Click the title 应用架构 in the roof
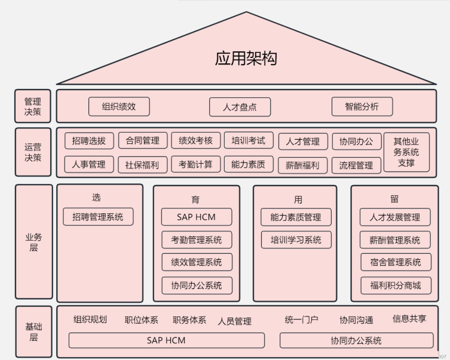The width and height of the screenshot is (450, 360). click(x=246, y=59)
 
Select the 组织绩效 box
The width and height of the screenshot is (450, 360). click(x=118, y=106)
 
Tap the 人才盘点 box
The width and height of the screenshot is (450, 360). click(x=240, y=107)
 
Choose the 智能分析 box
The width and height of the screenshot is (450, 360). click(x=362, y=106)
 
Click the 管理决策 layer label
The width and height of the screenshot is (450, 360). click(x=33, y=106)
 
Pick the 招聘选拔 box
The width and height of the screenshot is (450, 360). click(x=88, y=141)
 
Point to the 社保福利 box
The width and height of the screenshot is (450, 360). click(x=142, y=165)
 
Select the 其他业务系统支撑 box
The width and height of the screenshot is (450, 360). click(x=406, y=152)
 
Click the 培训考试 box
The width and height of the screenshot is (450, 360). click(x=248, y=141)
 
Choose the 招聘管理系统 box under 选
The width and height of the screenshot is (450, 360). click(x=98, y=217)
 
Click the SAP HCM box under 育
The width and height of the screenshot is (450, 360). click(x=196, y=217)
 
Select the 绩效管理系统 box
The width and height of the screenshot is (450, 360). click(x=196, y=262)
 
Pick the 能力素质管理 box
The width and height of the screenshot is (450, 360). click(x=296, y=217)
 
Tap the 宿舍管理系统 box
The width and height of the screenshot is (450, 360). click(x=394, y=262)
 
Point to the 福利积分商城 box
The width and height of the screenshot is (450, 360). click(x=394, y=285)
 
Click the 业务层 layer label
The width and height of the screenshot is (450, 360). click(x=33, y=242)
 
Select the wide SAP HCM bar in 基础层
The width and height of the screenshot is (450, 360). click(x=166, y=340)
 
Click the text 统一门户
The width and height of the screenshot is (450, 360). click(x=302, y=320)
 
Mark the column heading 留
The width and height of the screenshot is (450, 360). click(x=394, y=199)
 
